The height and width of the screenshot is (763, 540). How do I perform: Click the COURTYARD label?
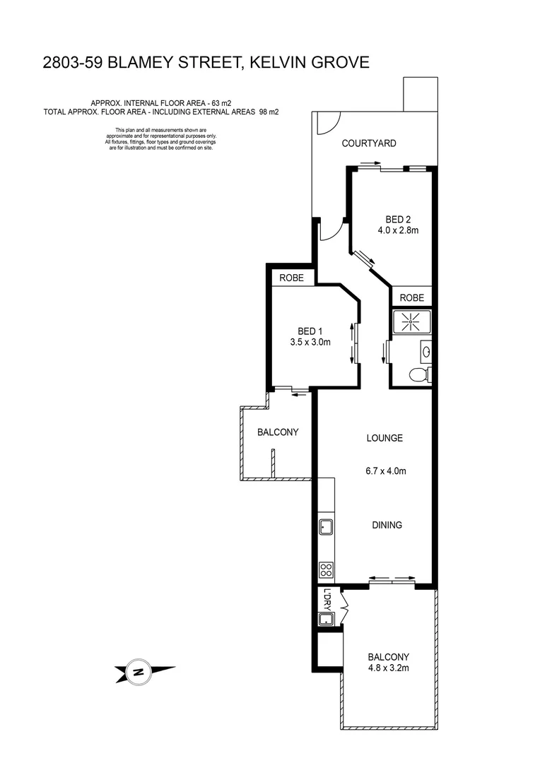[369, 143]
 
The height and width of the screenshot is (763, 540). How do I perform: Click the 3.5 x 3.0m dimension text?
[310, 343]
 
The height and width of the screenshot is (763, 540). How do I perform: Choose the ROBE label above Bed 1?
[290, 278]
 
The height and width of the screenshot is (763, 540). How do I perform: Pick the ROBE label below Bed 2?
[410, 298]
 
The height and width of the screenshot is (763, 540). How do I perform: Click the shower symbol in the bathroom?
[410, 321]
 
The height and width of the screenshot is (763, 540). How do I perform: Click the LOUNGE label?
[385, 438]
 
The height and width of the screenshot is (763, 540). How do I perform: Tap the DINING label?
[387, 525]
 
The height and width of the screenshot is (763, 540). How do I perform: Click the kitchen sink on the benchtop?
[326, 526]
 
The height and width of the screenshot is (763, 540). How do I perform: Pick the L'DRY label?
[327, 598]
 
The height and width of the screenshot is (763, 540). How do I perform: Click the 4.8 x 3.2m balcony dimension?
[388, 668]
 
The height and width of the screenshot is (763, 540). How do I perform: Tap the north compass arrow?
[144, 672]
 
